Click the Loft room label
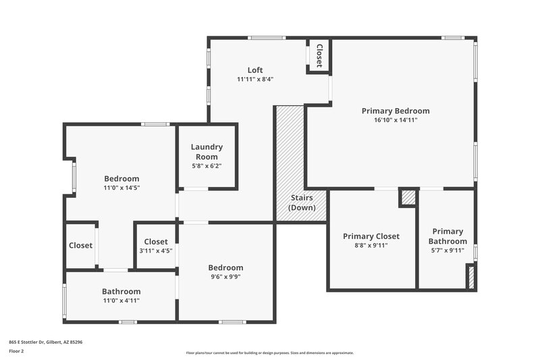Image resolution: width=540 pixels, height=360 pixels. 254,70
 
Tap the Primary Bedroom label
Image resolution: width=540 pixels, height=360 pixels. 396,111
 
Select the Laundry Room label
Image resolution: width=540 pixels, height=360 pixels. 207,152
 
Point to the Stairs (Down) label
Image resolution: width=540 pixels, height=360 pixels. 301,203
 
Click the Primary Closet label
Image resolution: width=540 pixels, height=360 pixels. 371,236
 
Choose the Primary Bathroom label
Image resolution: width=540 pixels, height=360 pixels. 448,236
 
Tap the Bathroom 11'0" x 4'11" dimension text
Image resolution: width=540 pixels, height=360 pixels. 122,301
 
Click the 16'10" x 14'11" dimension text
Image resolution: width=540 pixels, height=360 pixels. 396,120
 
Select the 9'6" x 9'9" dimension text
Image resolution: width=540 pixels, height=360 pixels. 225,277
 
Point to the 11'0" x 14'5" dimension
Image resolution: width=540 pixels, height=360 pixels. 122,188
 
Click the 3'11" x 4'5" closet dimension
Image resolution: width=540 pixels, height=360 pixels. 155,251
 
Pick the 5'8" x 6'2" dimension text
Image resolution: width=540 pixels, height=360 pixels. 207,165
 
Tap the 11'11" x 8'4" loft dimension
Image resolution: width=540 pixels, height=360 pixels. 254,79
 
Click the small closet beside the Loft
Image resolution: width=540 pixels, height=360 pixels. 319,55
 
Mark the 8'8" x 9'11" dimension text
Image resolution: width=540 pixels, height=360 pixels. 371,245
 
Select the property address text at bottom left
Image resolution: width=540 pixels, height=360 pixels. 46,342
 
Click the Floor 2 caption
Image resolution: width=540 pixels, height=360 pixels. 16,351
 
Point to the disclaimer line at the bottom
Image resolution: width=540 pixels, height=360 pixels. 270,353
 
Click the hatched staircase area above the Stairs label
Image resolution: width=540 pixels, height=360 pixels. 290,149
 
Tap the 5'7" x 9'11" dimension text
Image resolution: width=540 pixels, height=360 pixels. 448,251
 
